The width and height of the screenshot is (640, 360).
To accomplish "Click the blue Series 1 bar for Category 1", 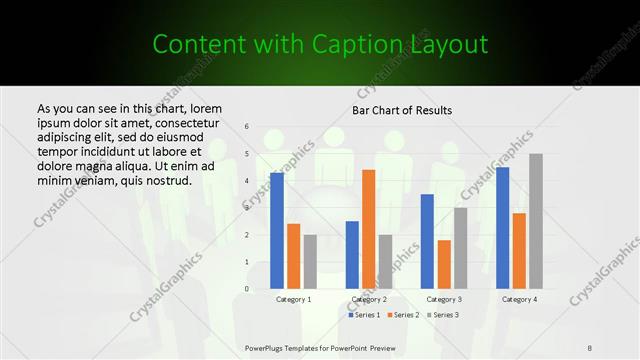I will [277, 231].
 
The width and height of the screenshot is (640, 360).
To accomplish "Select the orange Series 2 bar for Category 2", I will [369, 229].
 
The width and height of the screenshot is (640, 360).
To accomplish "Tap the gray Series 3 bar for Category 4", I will [536, 221].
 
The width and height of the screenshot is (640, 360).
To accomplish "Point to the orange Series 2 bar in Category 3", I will [444, 264].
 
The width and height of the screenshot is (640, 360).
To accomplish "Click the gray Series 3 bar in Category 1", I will [310, 262].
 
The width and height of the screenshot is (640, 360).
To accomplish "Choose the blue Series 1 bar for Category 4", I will [503, 228].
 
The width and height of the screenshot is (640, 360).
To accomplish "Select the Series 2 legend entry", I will [405, 315].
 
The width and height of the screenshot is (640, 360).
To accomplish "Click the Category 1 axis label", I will [294, 299].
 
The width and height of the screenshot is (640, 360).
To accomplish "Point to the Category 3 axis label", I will [444, 299].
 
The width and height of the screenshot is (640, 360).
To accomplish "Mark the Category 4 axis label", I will [519, 299].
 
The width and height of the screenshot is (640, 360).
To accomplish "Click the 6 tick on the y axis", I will [247, 127].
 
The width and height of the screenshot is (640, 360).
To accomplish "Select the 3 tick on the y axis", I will [247, 208].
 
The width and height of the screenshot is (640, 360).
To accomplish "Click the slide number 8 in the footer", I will [590, 347].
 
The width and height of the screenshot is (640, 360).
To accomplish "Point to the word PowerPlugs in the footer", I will [267, 347].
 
